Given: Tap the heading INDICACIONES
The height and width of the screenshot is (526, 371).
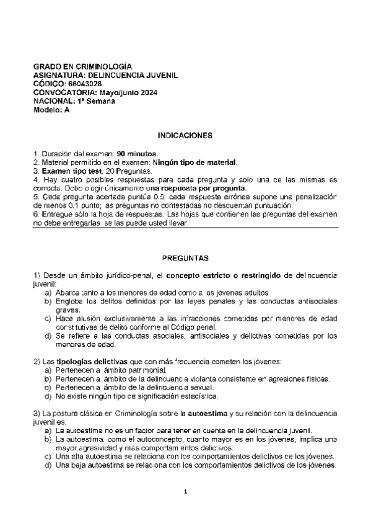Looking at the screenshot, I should tap(185, 135).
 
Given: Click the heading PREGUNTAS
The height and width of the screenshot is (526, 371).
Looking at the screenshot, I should tap(185, 257).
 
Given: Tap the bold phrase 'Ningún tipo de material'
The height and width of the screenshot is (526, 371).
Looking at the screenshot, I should tap(197, 162).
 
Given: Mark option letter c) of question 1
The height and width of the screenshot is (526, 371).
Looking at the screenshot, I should tap(48, 318).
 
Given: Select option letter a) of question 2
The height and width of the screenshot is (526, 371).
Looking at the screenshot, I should tap(48, 370).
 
